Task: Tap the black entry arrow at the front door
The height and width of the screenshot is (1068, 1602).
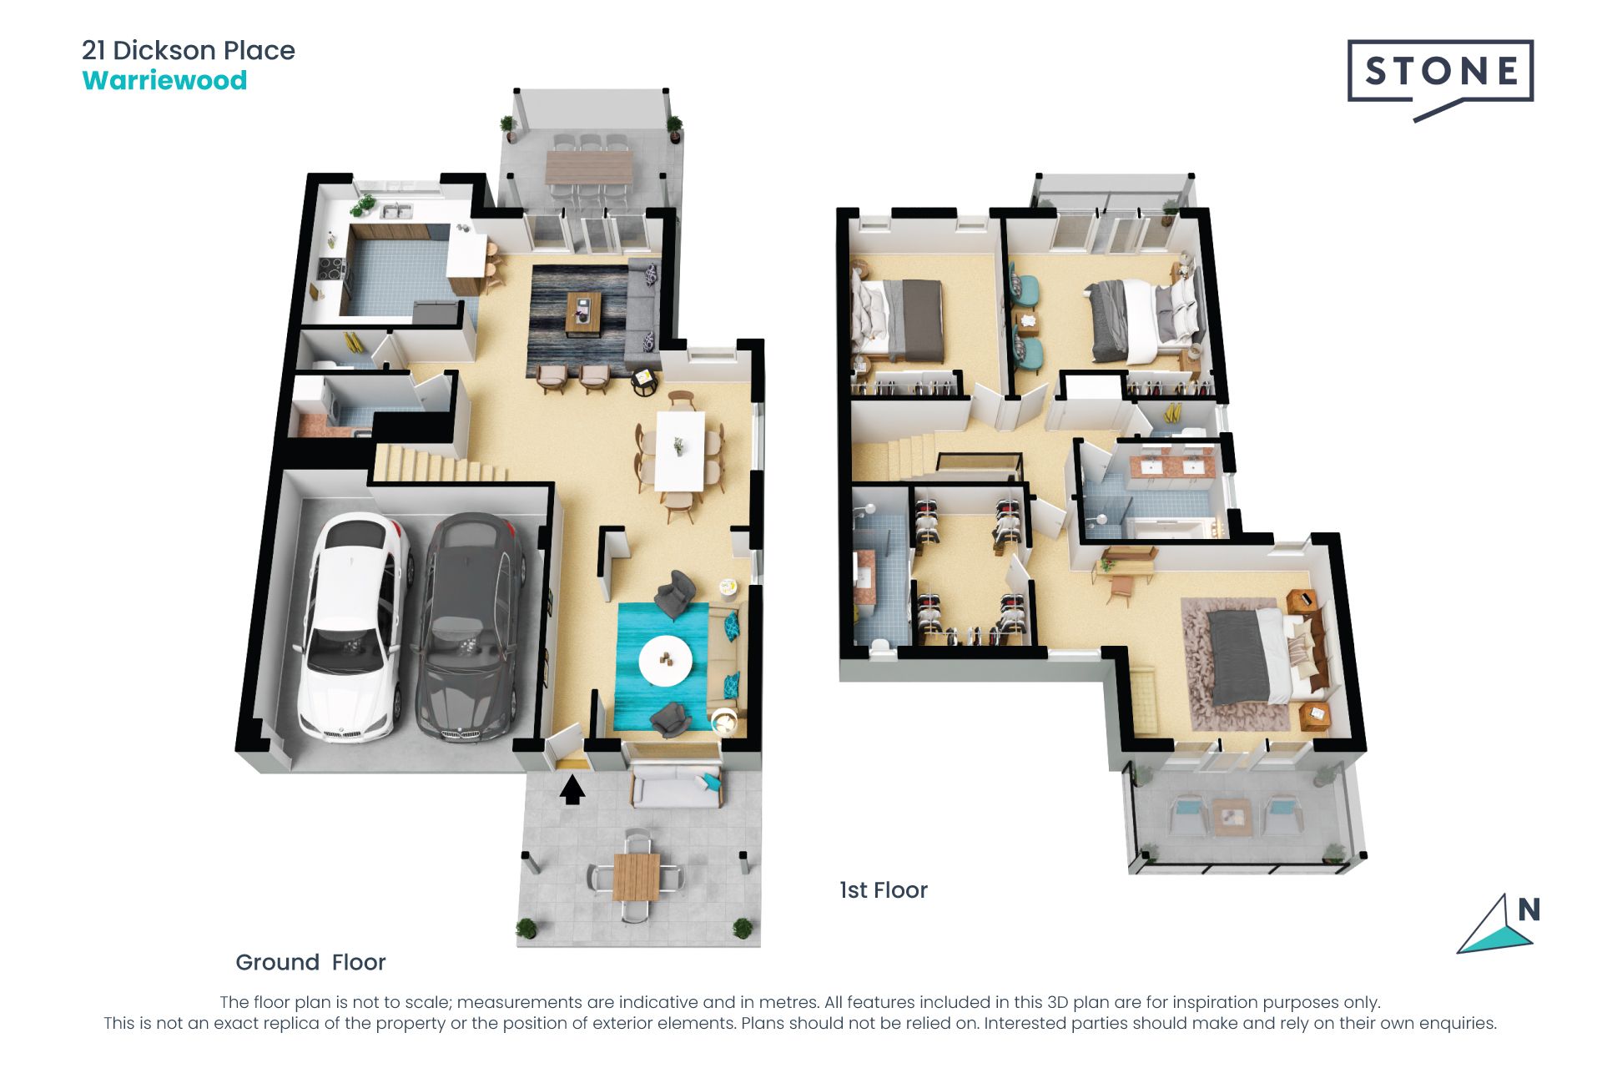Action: coord(572,789)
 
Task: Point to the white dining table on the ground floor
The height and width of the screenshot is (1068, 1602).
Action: coord(679,451)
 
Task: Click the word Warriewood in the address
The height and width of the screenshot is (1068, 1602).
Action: coord(164,81)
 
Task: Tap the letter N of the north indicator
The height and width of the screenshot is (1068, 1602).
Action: coord(1529,909)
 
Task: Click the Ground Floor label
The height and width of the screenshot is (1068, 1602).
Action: coord(310,962)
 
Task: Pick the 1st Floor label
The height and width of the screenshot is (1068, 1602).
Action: coord(884,890)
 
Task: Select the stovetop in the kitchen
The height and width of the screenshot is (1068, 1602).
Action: coord(331,270)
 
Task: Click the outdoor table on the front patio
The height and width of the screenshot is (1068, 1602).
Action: coord(636,877)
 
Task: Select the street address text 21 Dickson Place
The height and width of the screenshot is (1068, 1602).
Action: coord(189,50)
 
